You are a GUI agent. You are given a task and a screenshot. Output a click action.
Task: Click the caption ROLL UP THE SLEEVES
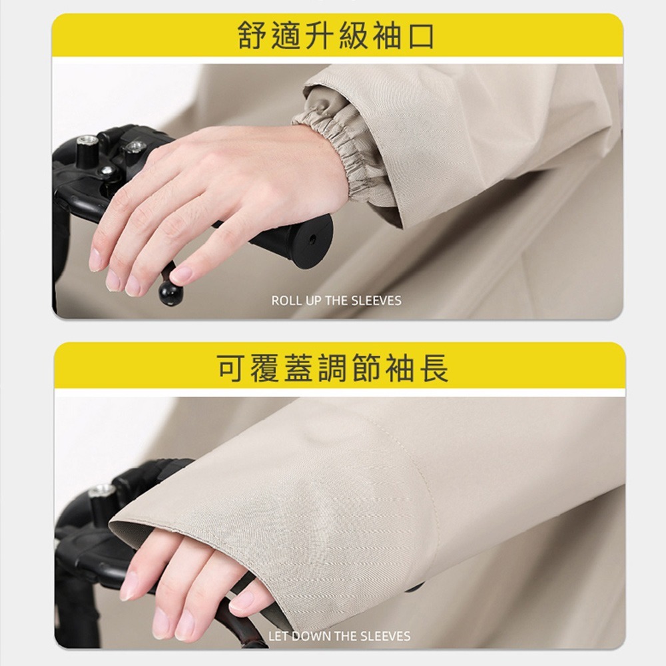336,301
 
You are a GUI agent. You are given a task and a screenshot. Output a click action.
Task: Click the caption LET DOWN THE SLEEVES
340,636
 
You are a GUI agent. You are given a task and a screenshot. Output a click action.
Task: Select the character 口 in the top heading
420,36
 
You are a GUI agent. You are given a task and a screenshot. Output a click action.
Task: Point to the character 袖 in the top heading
387,36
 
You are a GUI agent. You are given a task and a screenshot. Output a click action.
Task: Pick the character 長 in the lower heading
434,368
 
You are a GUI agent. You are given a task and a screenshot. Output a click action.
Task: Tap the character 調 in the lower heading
332,368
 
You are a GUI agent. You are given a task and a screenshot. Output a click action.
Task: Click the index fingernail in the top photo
95,259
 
